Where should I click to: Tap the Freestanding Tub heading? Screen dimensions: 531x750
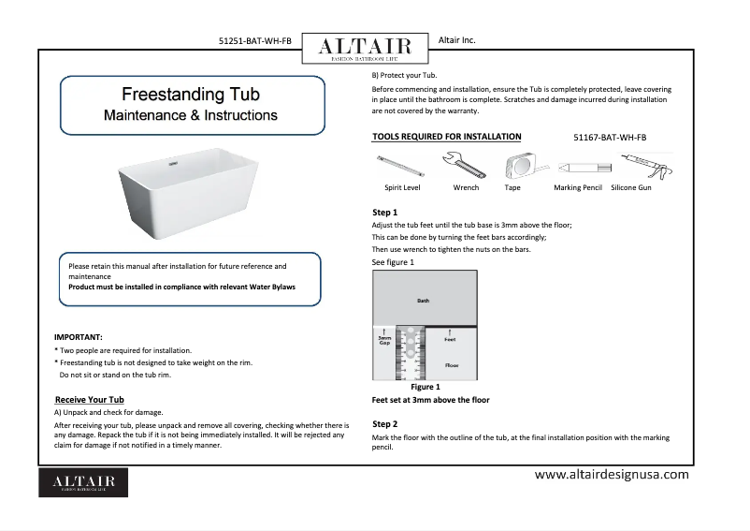(x=191, y=95)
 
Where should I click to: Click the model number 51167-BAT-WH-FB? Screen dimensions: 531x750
(x=609, y=138)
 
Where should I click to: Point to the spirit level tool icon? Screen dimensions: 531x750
(x=401, y=167)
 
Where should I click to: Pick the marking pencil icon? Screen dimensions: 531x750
(x=577, y=168)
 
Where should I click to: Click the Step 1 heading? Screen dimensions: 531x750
(x=384, y=213)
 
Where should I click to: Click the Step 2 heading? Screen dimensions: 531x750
(x=384, y=424)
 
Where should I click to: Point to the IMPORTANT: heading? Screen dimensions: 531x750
(x=79, y=336)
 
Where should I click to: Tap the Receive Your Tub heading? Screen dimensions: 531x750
(x=91, y=400)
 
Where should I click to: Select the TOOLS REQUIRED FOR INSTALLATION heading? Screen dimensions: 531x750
(x=447, y=137)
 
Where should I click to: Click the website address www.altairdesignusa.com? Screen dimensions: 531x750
(x=611, y=475)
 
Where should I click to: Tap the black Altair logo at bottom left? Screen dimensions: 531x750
(x=83, y=481)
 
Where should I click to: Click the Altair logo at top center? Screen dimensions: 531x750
(x=364, y=48)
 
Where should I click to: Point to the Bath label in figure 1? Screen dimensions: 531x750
(x=424, y=301)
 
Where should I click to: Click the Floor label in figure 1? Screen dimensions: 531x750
(x=452, y=364)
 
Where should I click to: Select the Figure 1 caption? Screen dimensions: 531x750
(x=425, y=387)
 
